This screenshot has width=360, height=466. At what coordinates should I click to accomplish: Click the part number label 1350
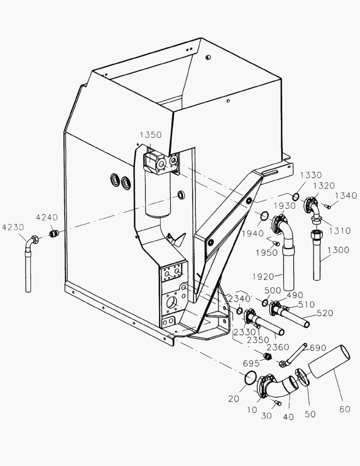150,135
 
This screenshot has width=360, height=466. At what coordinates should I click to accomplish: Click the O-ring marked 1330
296,197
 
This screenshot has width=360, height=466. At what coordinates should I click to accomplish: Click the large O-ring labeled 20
249,378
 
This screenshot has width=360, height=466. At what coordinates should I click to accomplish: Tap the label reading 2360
278,347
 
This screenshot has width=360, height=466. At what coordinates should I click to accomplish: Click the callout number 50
310,414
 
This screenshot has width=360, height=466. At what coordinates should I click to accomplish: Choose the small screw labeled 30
277,403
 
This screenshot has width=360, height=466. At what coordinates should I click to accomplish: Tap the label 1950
266,252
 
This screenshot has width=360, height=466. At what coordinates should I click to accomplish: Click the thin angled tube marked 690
297,354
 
